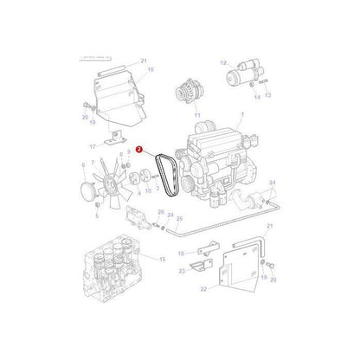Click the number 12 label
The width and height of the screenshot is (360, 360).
(x=222, y=62)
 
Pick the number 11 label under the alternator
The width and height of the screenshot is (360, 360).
(x=197, y=114)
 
